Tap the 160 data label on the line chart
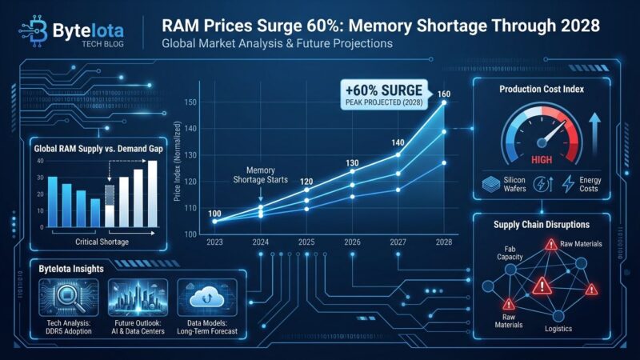point(444,94)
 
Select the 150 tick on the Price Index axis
point(190,102)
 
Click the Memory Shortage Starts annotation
point(261,175)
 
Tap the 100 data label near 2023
point(214,213)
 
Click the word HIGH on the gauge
point(542,159)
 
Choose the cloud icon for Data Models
point(205,294)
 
